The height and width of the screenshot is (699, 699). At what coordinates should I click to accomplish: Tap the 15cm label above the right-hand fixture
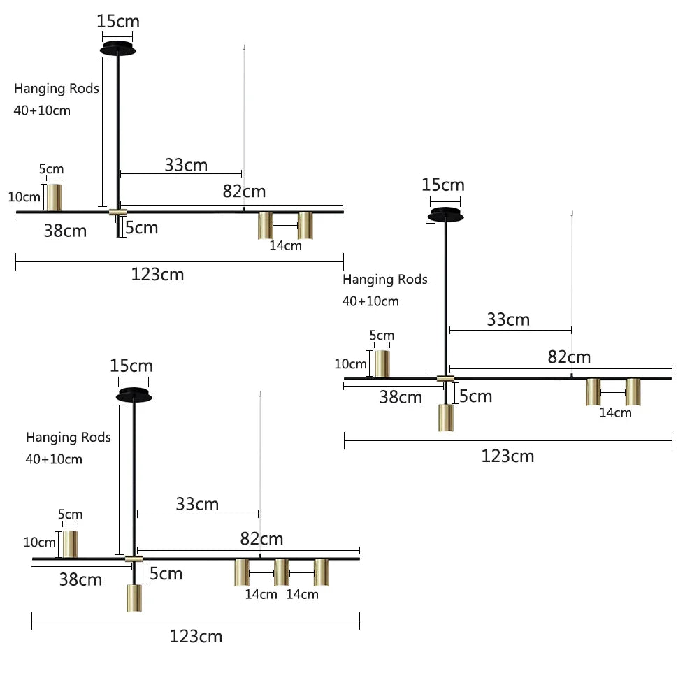(443, 185)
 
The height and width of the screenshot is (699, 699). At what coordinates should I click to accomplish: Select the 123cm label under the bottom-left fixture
(196, 636)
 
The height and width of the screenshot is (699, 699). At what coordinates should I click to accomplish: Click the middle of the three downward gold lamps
(281, 572)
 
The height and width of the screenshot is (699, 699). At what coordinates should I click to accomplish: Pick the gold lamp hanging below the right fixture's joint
(445, 417)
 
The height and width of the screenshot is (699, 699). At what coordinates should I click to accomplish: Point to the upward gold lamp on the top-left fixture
(55, 197)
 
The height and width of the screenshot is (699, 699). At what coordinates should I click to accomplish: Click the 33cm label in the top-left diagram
(186, 165)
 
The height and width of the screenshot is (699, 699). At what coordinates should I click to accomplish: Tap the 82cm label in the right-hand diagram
(569, 357)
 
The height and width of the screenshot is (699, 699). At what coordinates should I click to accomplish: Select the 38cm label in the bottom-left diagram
(80, 579)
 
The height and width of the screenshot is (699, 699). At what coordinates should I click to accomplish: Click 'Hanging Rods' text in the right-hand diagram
(385, 280)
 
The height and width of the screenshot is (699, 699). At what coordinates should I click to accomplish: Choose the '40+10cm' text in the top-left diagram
(42, 110)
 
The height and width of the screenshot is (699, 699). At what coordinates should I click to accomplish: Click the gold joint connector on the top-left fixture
(117, 212)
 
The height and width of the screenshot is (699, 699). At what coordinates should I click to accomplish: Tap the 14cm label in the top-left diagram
(285, 245)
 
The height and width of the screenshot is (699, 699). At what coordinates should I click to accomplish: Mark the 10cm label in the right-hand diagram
(351, 364)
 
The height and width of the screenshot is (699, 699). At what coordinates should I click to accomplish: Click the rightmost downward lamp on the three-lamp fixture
(322, 572)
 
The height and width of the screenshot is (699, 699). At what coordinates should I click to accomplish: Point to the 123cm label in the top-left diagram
(158, 274)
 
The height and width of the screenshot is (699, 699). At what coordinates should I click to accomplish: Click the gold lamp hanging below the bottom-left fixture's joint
(134, 598)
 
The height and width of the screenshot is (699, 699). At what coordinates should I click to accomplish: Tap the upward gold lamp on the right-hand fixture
(382, 363)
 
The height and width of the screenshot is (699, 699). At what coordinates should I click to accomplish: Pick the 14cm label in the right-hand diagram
(615, 412)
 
